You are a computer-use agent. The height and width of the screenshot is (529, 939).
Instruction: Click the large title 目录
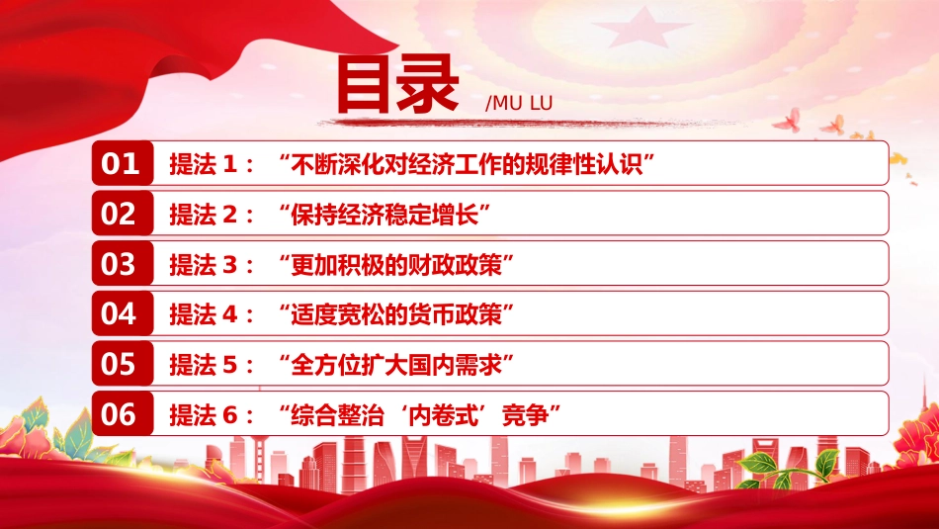[x=397, y=84]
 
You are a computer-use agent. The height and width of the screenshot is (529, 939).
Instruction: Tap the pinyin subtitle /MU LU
[x=519, y=103]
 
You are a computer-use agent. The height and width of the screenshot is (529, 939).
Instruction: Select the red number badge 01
[x=123, y=163]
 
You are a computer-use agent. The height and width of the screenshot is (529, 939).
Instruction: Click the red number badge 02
[x=123, y=214]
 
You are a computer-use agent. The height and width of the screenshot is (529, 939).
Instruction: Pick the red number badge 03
[x=123, y=264]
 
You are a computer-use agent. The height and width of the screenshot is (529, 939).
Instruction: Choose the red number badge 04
[x=123, y=313]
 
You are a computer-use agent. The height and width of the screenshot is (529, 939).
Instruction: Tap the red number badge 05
[x=123, y=364]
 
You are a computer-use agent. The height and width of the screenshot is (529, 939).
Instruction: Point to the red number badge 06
[x=123, y=414]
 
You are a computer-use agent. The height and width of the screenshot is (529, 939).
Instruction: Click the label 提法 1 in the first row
[x=204, y=164]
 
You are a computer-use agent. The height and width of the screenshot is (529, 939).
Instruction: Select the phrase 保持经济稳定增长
[x=384, y=215]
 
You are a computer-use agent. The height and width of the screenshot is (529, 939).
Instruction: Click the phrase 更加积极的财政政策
[x=395, y=265]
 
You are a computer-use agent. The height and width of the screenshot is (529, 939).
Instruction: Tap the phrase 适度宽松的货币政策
[x=395, y=314]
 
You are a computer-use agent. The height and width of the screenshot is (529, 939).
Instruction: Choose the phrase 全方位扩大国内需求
[x=395, y=365]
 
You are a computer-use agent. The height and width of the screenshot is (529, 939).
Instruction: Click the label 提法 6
[x=204, y=415]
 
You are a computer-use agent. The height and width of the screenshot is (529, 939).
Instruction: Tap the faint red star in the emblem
[x=641, y=29]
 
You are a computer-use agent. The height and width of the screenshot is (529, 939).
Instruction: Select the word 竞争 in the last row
[x=525, y=415]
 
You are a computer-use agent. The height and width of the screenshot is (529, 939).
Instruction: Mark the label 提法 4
[x=204, y=314]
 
